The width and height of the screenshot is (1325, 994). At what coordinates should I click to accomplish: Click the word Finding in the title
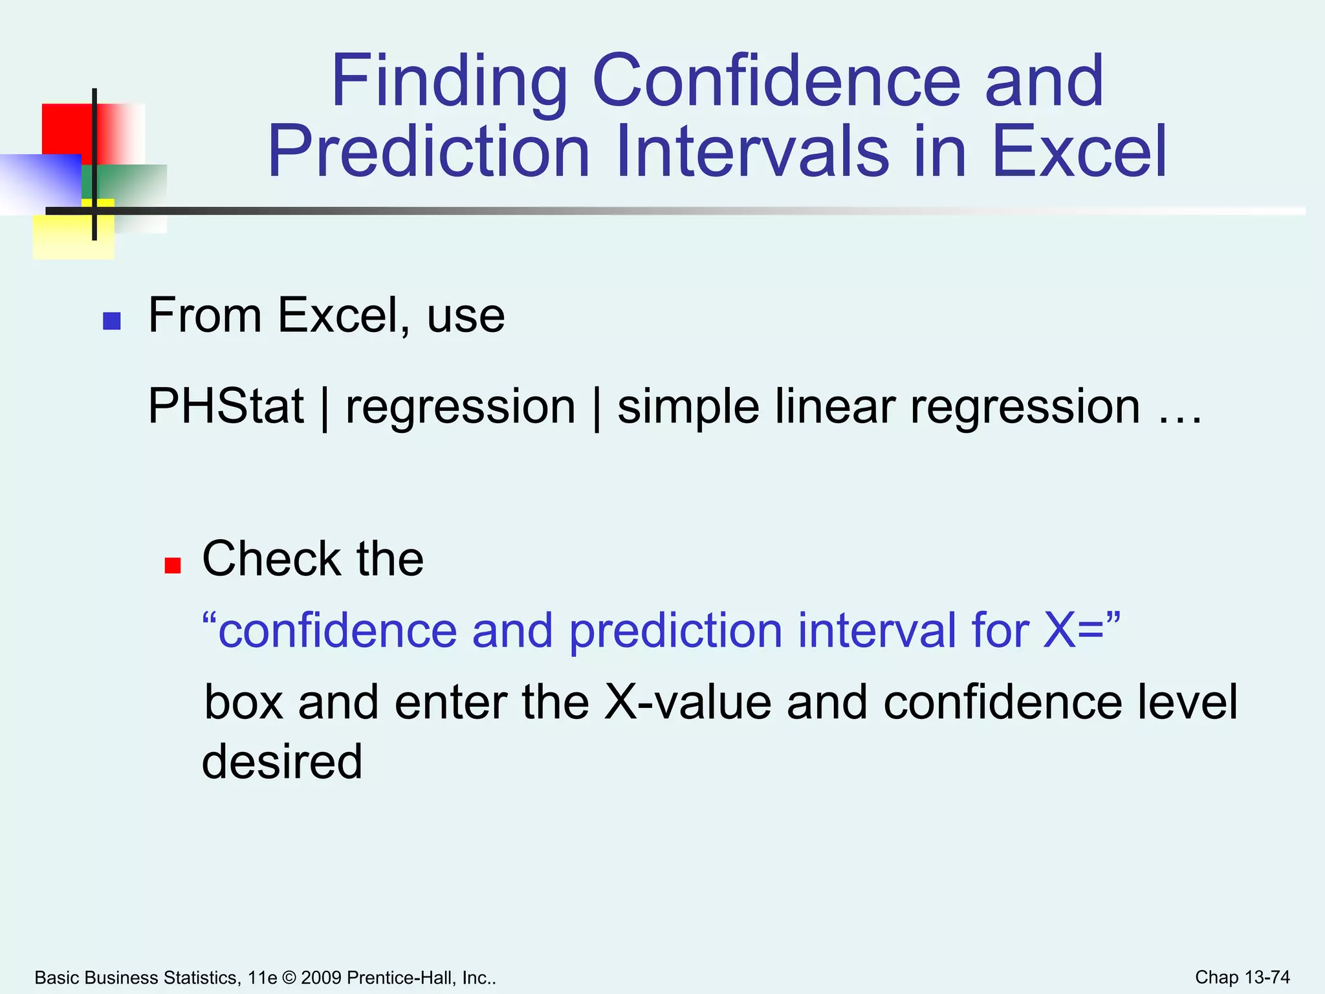click(x=450, y=83)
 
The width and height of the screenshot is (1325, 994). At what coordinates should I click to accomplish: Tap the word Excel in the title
click(x=1079, y=153)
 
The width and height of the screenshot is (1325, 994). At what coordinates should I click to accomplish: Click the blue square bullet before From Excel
click(x=112, y=321)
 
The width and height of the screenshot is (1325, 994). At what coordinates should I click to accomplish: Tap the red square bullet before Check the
click(x=172, y=566)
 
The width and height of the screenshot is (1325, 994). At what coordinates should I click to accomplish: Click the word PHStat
click(x=226, y=406)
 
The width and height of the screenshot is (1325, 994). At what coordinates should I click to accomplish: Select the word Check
click(x=271, y=558)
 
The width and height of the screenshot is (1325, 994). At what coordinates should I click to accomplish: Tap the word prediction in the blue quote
click(x=675, y=631)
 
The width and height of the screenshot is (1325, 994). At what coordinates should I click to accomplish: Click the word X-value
click(x=688, y=702)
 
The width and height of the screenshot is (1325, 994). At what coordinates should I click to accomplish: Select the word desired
click(x=282, y=762)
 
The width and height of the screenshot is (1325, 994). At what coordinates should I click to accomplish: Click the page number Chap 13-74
click(x=1242, y=977)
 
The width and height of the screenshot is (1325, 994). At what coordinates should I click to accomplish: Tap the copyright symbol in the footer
click(x=289, y=978)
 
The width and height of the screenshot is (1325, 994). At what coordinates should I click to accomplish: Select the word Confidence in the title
click(x=776, y=83)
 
